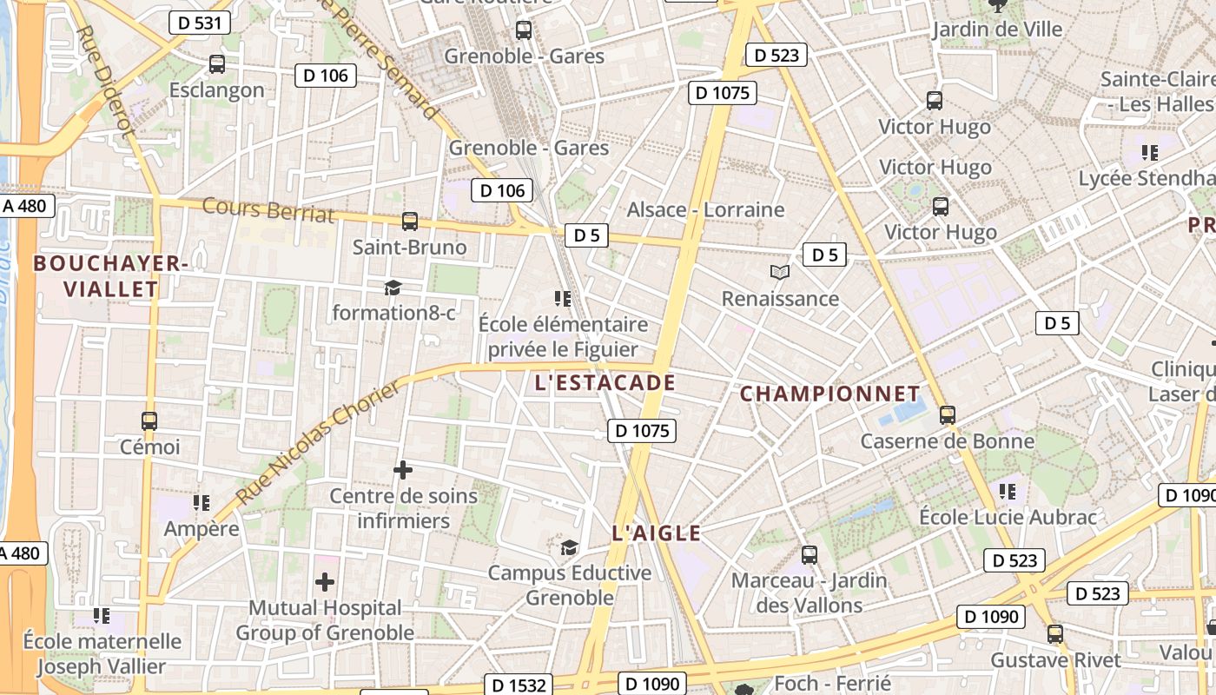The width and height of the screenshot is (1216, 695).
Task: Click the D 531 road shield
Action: click(x=200, y=23)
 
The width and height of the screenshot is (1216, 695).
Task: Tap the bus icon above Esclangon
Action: click(x=217, y=64)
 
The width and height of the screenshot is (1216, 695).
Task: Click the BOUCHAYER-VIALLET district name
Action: click(x=109, y=276)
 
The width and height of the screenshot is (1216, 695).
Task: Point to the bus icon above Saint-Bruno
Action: click(x=410, y=222)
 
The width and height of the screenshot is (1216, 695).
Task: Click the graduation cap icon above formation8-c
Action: click(x=393, y=288)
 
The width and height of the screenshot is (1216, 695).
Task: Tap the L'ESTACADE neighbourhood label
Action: click(x=605, y=383)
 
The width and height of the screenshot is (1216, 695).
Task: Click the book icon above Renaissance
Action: click(x=780, y=273)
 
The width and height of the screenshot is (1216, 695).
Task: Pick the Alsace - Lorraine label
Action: click(x=705, y=209)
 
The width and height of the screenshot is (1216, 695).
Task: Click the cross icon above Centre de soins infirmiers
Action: click(x=403, y=470)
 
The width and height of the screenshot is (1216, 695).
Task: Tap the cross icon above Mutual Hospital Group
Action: click(x=325, y=581)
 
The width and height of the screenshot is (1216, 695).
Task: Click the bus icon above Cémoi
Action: click(x=149, y=421)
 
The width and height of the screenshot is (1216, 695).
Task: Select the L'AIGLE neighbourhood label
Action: click(x=656, y=533)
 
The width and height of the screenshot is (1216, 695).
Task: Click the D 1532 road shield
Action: click(x=517, y=685)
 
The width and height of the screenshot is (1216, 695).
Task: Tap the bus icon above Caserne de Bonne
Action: click(x=947, y=415)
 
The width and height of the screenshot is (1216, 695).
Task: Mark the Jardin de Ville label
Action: click(x=996, y=30)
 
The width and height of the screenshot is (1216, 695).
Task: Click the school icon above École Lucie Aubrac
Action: click(x=1008, y=492)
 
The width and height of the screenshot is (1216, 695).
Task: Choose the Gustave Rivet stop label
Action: click(x=1055, y=660)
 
